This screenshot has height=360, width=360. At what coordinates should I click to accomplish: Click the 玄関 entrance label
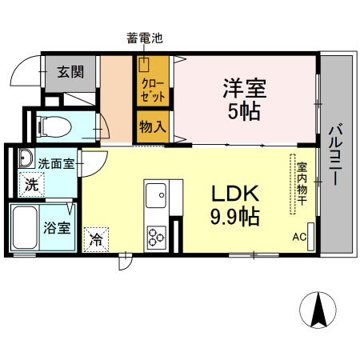point(70,72)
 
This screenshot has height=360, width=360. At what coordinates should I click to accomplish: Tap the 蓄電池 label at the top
point(144,37)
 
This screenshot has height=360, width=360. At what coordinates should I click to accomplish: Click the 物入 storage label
point(153,127)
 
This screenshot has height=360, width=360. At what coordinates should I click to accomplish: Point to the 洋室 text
point(243,87)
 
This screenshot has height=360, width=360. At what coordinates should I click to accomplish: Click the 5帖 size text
point(243,111)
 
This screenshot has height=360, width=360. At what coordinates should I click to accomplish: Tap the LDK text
point(234,194)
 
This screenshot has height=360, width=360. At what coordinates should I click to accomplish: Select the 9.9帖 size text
point(234,216)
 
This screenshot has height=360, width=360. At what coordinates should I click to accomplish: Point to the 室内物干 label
point(302,183)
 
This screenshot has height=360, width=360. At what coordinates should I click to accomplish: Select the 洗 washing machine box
point(30,184)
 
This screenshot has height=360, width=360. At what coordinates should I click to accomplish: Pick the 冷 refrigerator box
point(96,238)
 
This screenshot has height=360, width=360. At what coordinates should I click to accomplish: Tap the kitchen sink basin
point(155,194)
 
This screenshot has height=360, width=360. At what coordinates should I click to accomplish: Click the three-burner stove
point(155,236)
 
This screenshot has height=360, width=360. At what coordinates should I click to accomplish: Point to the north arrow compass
point(318,310)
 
